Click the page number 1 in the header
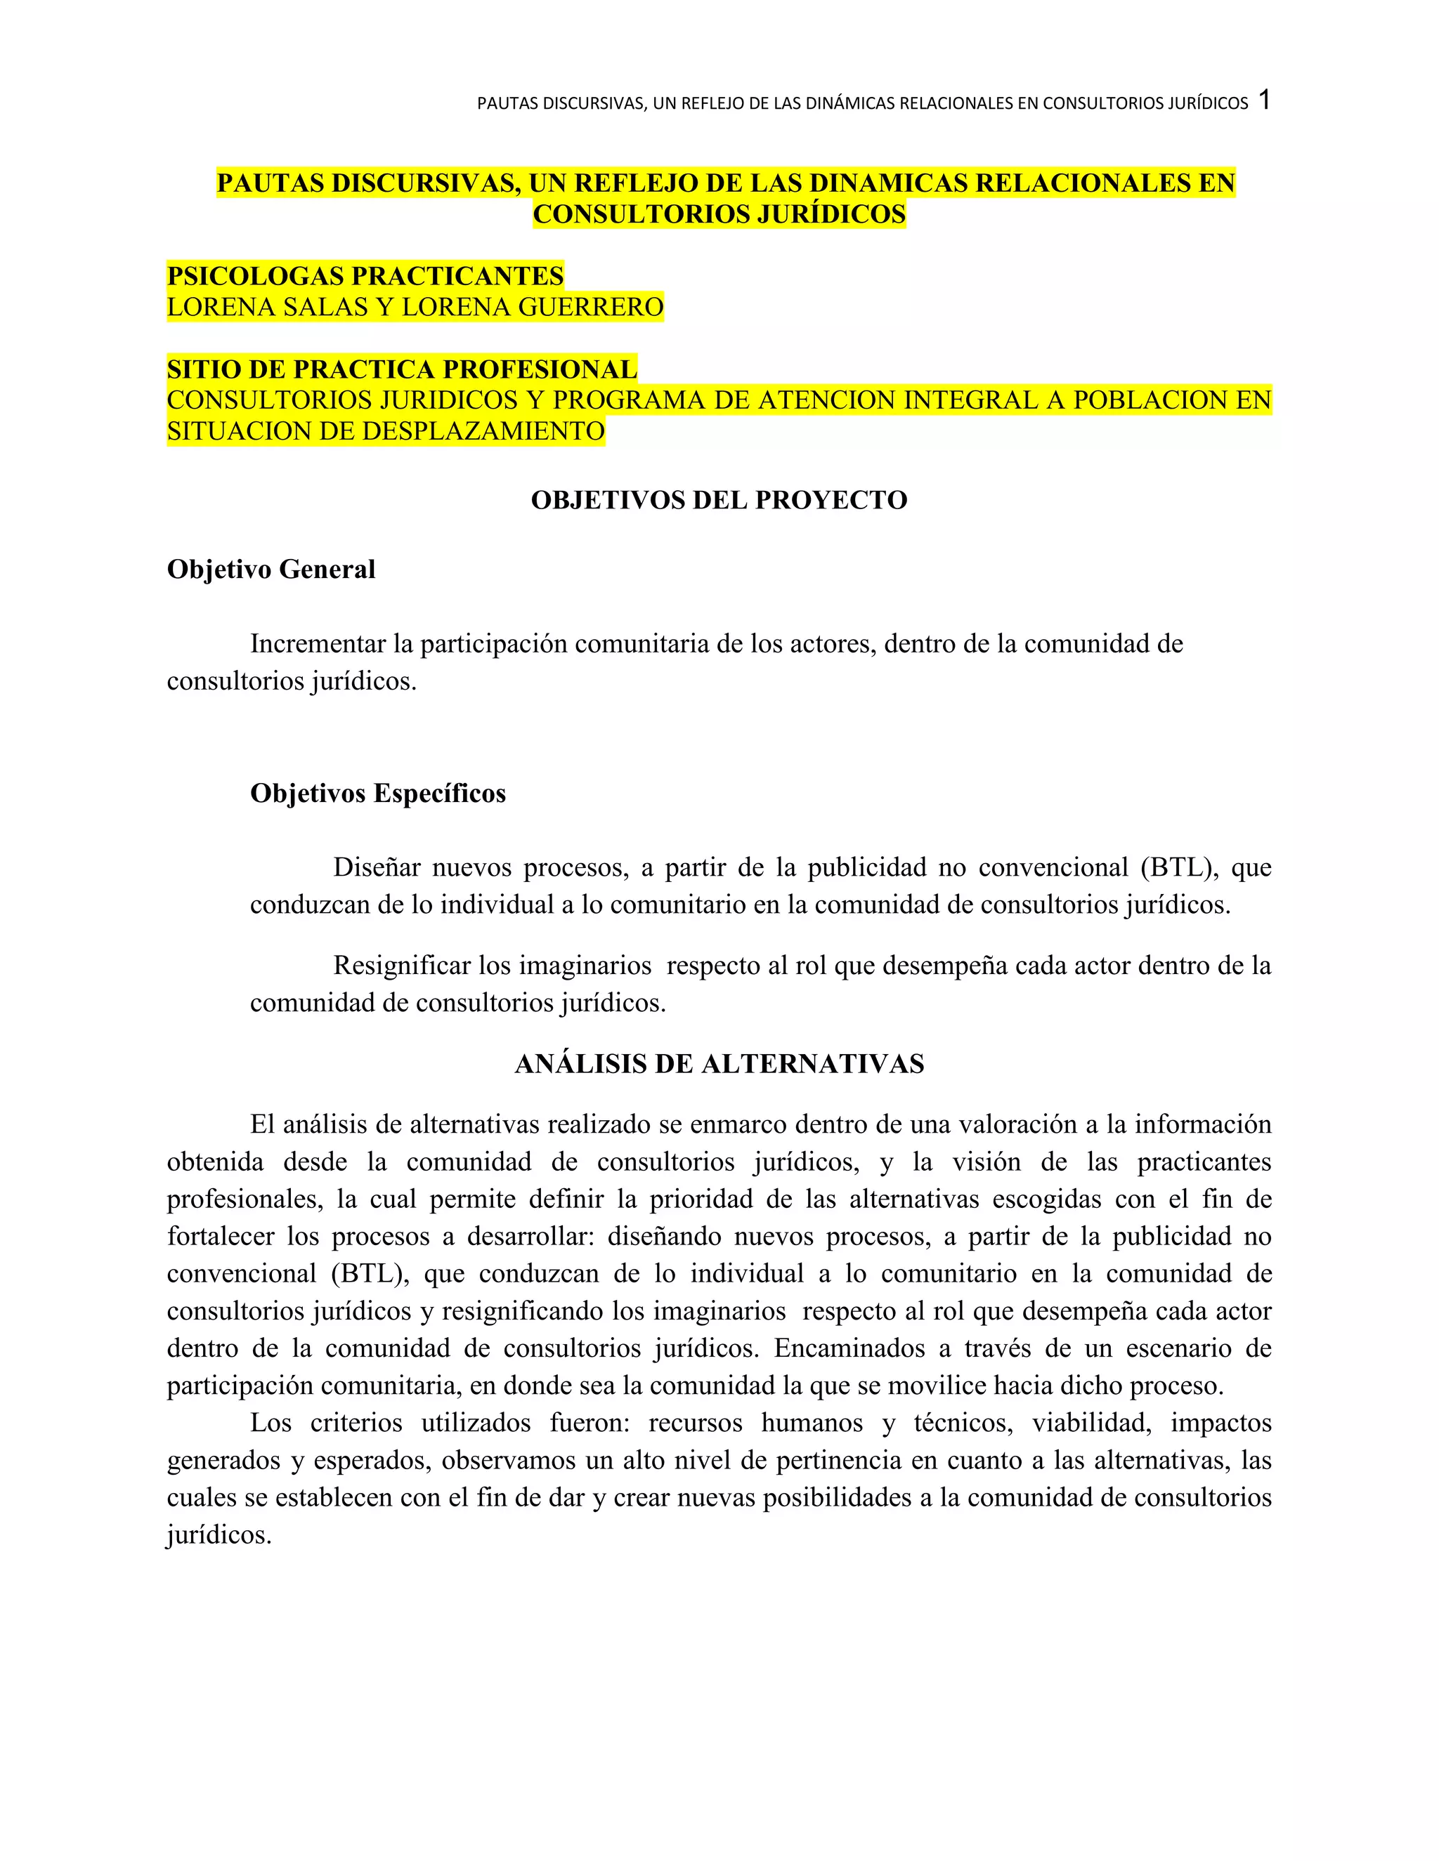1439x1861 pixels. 1264,100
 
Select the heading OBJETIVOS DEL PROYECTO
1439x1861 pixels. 719,499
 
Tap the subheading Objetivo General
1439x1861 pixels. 271,570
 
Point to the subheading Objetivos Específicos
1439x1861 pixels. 377,794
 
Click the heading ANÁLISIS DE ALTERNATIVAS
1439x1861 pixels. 719,1063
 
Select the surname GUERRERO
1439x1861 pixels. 591,307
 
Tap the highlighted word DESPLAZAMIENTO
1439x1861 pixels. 483,431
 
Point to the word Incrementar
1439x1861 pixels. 318,644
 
